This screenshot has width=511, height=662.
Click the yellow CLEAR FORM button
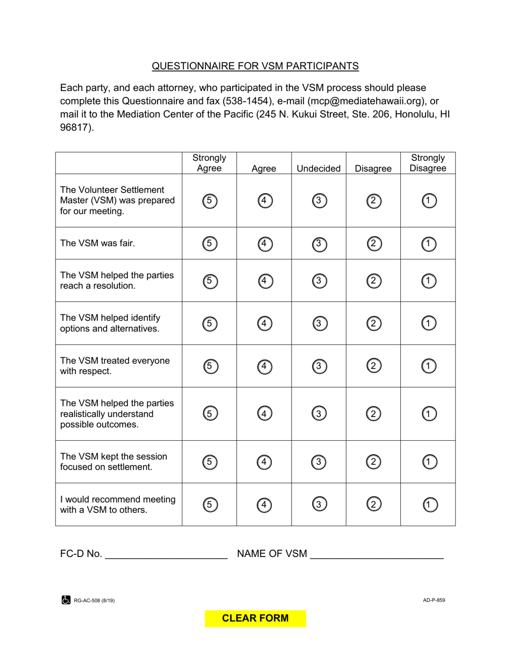tap(256, 618)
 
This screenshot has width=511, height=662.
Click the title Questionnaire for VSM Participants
tap(255, 66)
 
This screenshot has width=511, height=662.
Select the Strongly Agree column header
tap(209, 163)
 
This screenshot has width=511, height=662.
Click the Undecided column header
tap(318, 168)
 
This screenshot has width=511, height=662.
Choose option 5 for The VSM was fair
tap(210, 244)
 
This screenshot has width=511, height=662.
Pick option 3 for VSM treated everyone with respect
tap(319, 366)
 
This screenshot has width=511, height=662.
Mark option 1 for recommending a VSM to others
tap(429, 505)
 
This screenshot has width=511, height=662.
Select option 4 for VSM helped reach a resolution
tap(265, 281)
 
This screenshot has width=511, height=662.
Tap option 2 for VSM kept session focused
tap(374, 462)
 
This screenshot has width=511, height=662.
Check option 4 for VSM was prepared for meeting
tap(265, 201)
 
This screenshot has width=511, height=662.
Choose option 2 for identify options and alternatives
tap(374, 323)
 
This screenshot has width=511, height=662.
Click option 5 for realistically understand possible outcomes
tap(210, 414)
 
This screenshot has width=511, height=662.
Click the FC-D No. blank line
tap(166, 554)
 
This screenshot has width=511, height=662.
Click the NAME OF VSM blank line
tap(377, 554)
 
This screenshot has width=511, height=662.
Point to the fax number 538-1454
tap(245, 101)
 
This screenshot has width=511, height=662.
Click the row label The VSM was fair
tap(97, 243)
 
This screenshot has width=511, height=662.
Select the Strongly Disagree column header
tap(428, 163)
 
